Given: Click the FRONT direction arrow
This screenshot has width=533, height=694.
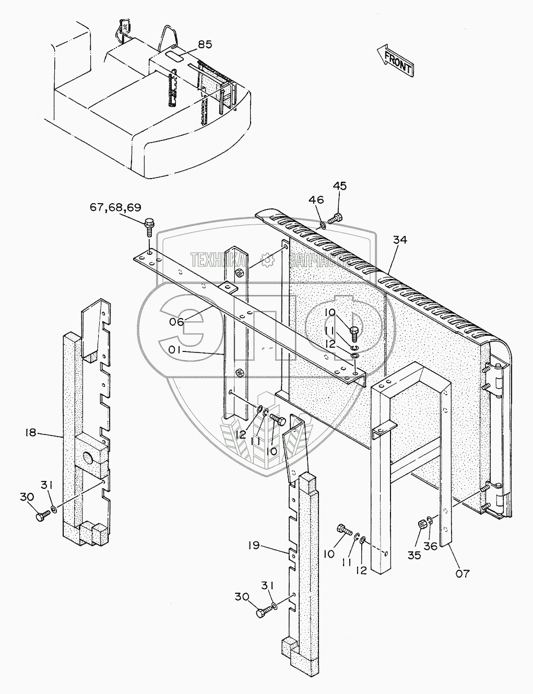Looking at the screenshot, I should click(395, 61).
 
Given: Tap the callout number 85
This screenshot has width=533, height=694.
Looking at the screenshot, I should click(205, 44).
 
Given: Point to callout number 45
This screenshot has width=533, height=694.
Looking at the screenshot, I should click(340, 186).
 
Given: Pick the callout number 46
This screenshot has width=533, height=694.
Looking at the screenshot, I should click(316, 199).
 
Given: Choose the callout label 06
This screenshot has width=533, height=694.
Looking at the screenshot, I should click(176, 322).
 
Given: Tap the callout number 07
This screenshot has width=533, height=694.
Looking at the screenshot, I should click(463, 573).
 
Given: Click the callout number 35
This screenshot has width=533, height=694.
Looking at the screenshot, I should click(414, 555).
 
